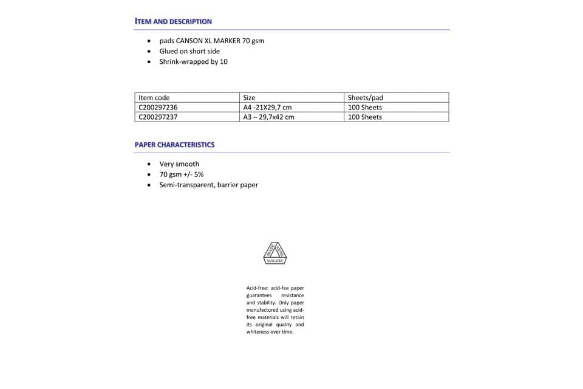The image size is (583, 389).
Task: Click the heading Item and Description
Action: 173,21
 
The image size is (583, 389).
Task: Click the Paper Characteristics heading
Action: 174,145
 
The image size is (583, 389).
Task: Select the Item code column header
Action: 154,97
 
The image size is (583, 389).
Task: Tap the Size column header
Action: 249,97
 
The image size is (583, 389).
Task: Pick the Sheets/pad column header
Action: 365,97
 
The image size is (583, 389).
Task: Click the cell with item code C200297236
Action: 158,107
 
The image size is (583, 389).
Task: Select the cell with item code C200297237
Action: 158,117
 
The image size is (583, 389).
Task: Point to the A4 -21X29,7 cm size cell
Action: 267,107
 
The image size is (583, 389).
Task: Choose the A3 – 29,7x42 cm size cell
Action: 268,117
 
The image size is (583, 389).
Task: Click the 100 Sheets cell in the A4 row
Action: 364,107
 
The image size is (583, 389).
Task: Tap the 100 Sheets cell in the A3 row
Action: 364,117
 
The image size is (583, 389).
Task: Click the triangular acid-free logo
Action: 274,253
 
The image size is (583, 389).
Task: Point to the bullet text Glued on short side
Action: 189,51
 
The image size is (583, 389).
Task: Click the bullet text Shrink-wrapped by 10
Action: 193,61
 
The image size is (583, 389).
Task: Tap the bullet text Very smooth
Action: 179,164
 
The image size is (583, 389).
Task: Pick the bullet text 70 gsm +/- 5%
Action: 181,174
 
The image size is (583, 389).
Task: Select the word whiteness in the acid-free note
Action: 258,332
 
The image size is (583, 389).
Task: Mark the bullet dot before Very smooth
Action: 150,164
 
